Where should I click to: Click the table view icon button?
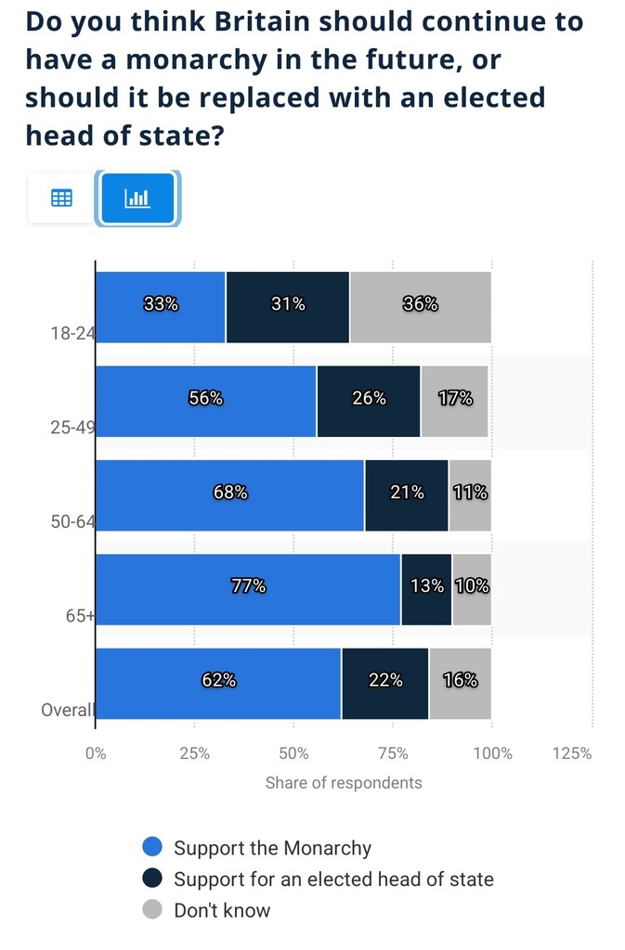61,198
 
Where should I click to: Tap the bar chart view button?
137,198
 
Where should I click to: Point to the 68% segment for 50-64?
230,494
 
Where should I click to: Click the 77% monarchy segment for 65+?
248,588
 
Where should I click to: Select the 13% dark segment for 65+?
426,588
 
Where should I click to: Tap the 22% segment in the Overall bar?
385,682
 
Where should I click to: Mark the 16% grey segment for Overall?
460,682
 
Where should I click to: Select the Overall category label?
68,710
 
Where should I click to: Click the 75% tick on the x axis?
393,753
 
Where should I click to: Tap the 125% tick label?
572,753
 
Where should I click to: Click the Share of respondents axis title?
344,783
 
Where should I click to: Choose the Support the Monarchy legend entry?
272,847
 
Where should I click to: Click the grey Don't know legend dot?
153,909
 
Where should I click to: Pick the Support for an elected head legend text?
333,879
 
